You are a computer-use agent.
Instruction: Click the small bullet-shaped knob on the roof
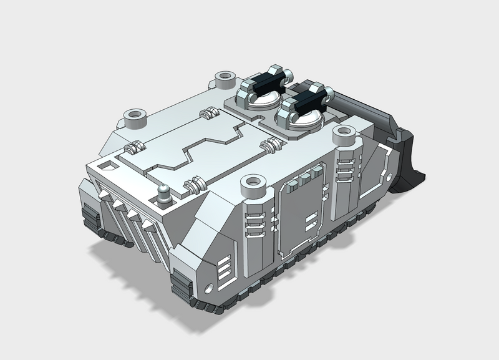163,194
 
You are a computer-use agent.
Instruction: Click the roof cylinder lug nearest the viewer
253,184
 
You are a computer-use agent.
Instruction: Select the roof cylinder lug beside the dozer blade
343,134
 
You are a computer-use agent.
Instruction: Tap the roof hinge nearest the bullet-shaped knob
193,185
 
